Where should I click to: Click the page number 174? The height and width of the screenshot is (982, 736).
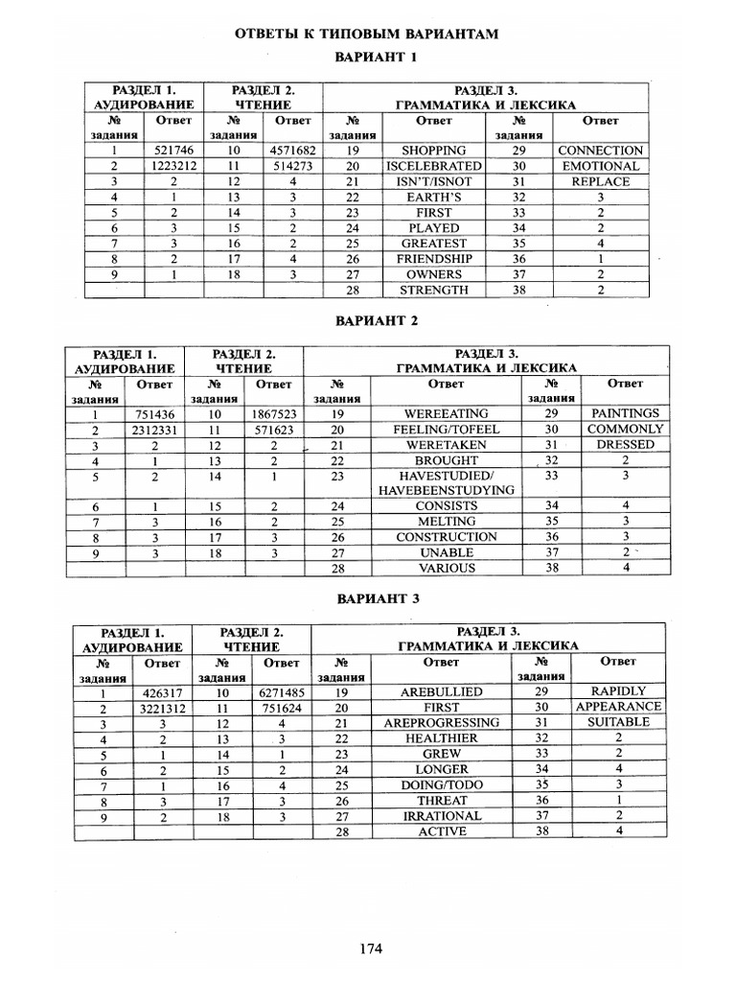[371, 948]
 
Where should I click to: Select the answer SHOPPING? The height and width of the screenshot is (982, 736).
[433, 151]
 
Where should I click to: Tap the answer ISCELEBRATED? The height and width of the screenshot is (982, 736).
[433, 166]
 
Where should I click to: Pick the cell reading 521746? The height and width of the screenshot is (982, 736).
[173, 151]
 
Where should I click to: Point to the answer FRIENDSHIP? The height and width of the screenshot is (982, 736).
[433, 259]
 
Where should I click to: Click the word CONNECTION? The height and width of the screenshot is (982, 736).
[600, 151]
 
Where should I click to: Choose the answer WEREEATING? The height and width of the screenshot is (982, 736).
[447, 413]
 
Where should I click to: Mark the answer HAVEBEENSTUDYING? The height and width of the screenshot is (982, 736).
[447, 490]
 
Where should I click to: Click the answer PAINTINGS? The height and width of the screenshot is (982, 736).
[625, 413]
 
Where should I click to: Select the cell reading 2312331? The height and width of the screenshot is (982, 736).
[154, 430]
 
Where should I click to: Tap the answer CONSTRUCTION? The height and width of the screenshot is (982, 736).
[447, 537]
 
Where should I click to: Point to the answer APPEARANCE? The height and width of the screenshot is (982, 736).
[618, 707]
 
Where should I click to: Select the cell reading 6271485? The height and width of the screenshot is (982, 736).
[282, 692]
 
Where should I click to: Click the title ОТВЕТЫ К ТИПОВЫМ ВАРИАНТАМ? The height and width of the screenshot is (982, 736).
[367, 35]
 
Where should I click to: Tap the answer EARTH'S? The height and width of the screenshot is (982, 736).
[433, 197]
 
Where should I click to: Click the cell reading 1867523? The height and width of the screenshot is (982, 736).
[274, 414]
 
